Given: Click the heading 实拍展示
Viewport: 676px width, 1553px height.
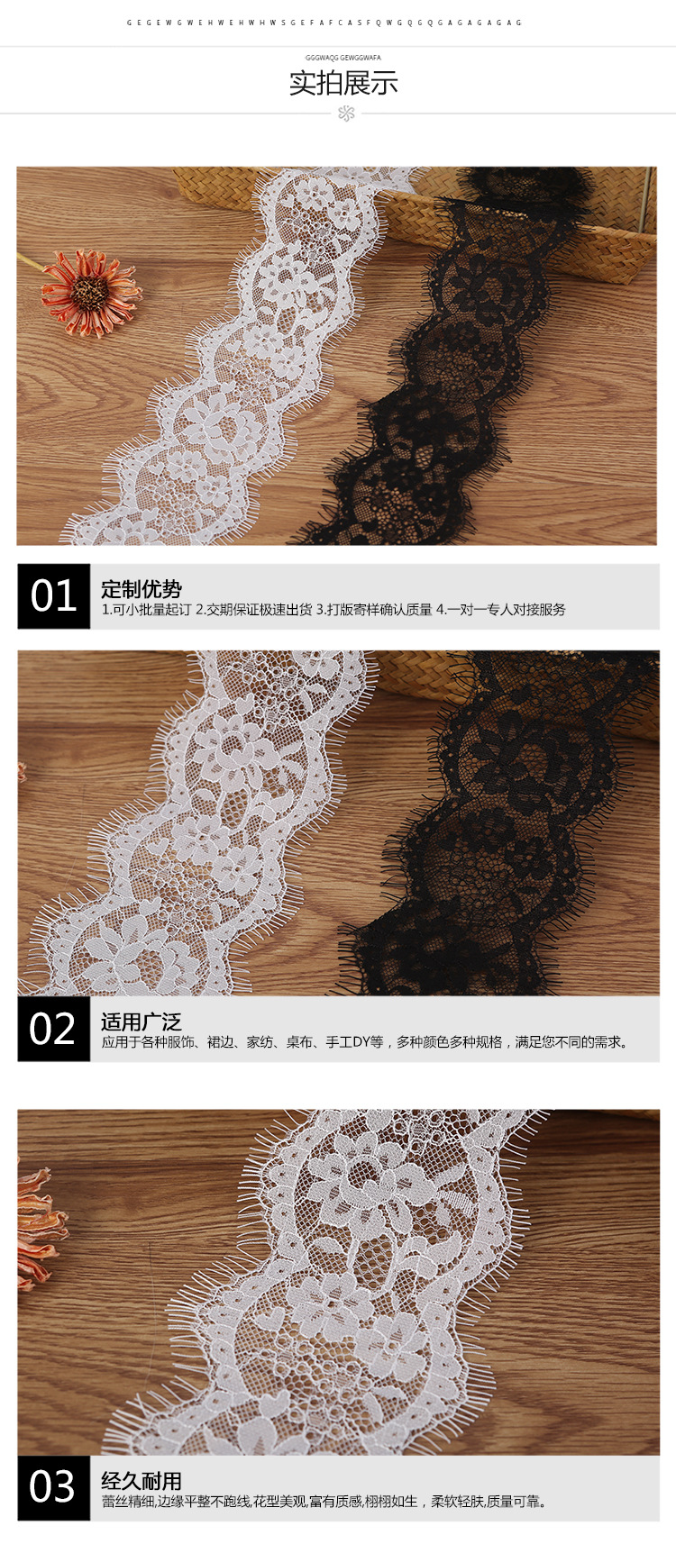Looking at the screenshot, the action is pyautogui.click(x=343, y=84).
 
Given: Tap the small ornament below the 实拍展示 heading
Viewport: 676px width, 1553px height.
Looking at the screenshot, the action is pyautogui.click(x=346, y=114).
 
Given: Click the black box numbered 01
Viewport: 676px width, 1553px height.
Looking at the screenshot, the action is pyautogui.click(x=54, y=596).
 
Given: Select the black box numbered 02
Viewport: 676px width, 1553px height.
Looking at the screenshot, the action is pyautogui.click(x=54, y=1029).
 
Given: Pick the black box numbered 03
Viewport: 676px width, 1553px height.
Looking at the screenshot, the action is pyautogui.click(x=54, y=1487).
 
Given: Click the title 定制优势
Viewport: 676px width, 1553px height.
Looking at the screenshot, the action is pyautogui.click(x=142, y=589).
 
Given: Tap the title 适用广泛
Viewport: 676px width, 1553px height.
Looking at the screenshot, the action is pyautogui.click(x=142, y=1022).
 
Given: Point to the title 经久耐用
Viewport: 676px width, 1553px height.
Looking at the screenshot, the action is pyautogui.click(x=142, y=1480).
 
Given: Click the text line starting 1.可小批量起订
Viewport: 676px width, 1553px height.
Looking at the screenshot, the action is pyautogui.click(x=333, y=610).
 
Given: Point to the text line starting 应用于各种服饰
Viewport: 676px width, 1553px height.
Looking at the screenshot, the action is pyautogui.click(x=365, y=1042).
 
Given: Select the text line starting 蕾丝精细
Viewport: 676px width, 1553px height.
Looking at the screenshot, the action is pyautogui.click(x=324, y=1501).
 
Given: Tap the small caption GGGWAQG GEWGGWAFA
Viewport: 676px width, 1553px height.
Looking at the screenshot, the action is pyautogui.click(x=343, y=58).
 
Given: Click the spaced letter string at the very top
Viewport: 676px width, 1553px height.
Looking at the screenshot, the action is pyautogui.click(x=324, y=23).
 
